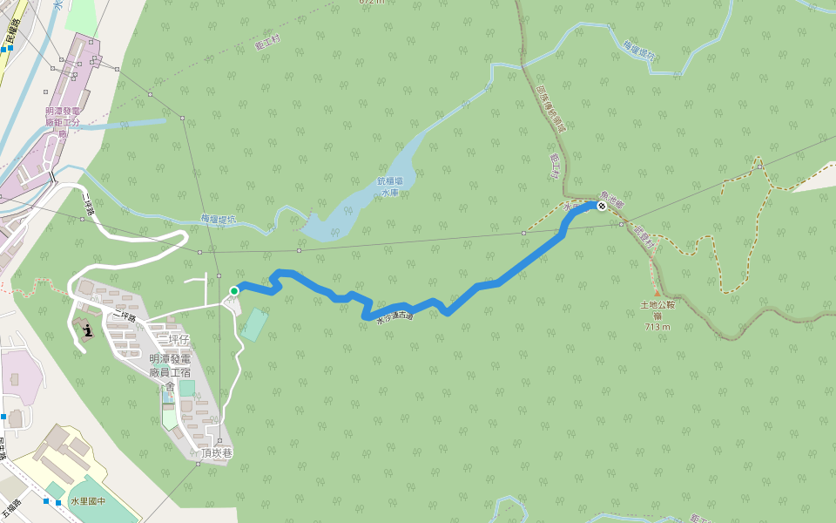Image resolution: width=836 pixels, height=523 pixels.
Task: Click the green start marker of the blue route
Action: [x=234, y=290]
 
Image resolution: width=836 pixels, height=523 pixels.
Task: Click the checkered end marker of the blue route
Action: [x=601, y=206]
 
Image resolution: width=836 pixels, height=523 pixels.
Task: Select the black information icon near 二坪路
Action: [x=88, y=328]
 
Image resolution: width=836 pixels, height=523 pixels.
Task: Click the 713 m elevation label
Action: [x=658, y=327]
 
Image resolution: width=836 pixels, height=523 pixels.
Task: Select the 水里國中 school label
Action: [x=87, y=501]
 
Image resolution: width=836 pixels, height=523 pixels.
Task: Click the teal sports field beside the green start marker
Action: [x=254, y=324]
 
